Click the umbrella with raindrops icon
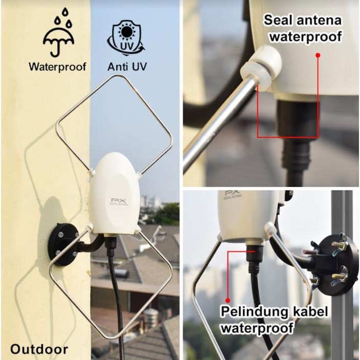point(58,35)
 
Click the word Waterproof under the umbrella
point(57,66)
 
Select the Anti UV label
point(125,66)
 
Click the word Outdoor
point(39,349)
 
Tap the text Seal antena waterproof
point(302,29)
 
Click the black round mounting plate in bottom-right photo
point(332,264)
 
